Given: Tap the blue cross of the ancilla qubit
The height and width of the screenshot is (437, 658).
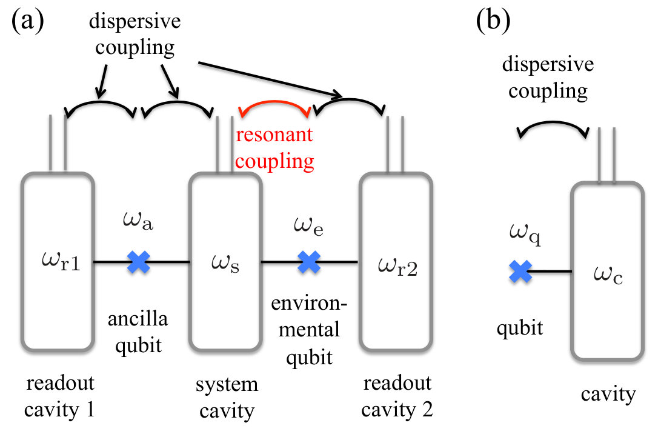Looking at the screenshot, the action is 139,262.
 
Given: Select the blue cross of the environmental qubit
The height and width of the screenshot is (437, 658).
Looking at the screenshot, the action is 309,262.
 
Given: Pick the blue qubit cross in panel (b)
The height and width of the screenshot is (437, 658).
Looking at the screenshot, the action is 520,271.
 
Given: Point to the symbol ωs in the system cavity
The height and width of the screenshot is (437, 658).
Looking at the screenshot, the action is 225,263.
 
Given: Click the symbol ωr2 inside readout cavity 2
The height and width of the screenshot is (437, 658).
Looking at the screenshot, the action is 398,266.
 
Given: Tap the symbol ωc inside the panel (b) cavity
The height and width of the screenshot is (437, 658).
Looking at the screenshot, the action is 608,275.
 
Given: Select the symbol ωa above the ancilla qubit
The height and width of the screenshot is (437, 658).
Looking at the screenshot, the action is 138,220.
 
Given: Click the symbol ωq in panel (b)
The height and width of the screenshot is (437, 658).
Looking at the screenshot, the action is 525,233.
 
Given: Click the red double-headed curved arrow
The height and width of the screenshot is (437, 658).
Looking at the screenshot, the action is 274,102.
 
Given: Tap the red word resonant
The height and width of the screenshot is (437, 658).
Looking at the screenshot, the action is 274,135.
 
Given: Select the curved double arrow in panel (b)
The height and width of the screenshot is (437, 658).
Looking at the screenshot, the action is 552,122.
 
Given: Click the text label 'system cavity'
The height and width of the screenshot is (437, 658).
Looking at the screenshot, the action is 227,398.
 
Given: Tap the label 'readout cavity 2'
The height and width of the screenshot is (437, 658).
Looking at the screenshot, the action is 397,396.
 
